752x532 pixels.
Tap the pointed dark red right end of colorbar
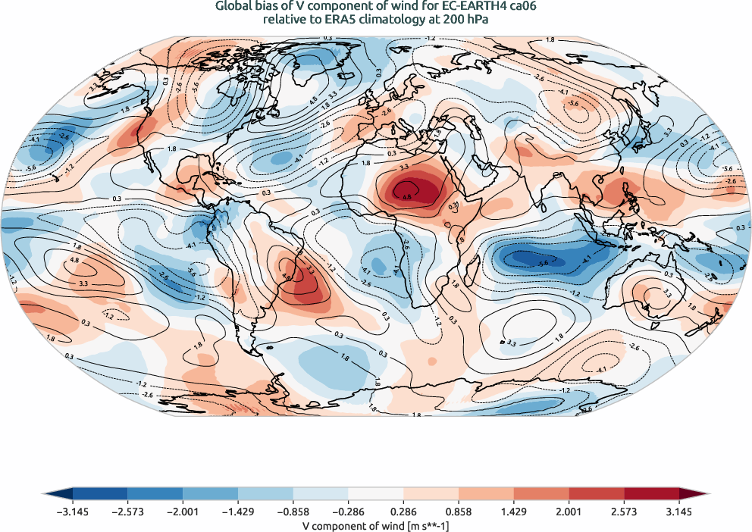click(x=702, y=494)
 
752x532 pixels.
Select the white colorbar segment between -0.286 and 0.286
click(x=376, y=494)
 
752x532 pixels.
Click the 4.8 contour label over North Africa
click(x=407, y=197)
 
